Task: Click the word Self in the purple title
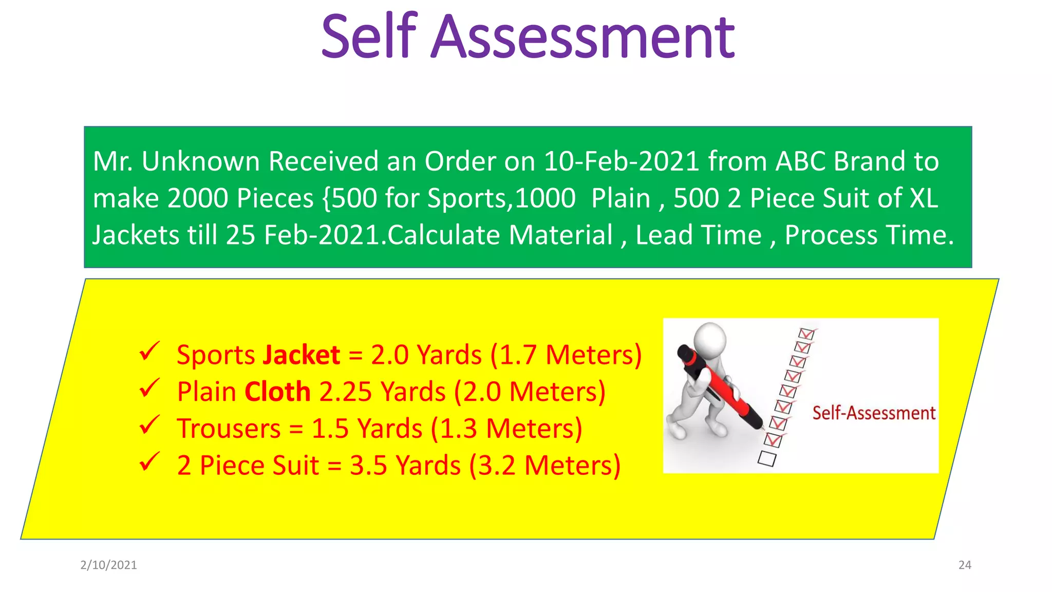[369, 36]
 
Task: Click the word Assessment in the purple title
[583, 36]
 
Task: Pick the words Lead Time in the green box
[699, 235]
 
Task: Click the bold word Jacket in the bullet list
[301, 355]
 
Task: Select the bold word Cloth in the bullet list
[277, 392]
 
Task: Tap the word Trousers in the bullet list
[229, 429]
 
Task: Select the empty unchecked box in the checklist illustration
[767, 458]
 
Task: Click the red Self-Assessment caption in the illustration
[874, 413]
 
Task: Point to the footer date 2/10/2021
[109, 565]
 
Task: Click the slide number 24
[965, 565]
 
